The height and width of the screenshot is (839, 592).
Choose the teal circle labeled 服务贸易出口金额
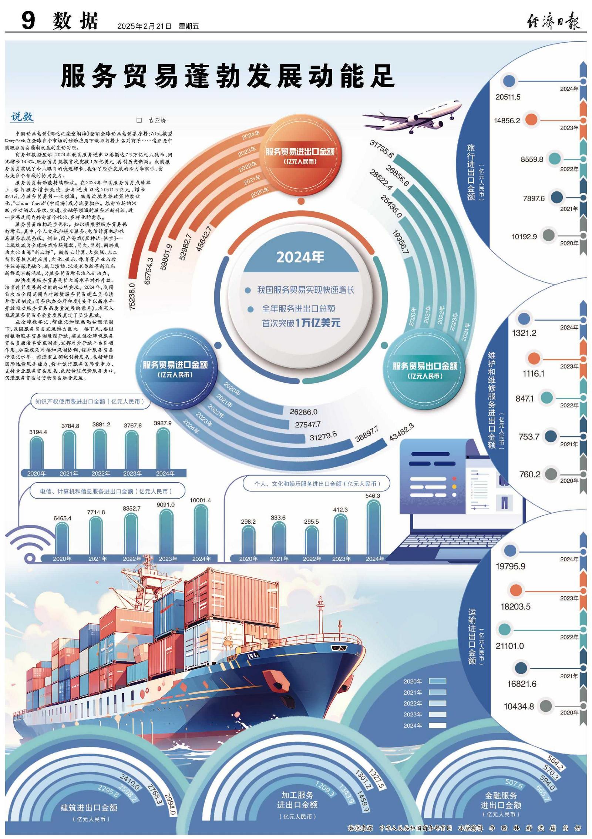(425, 370)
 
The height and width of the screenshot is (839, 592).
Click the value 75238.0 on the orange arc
(132, 296)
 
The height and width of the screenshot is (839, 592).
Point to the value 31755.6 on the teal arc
(381, 148)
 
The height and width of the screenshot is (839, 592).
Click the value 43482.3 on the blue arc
(401, 432)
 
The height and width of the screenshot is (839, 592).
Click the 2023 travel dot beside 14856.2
(531, 120)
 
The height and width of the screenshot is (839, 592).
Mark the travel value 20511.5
(508, 97)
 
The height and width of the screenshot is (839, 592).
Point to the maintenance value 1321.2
(524, 333)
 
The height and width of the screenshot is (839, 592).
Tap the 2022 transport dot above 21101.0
(504, 629)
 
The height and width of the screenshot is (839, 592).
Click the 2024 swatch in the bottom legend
(437, 726)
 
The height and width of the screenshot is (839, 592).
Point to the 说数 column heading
(22, 117)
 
